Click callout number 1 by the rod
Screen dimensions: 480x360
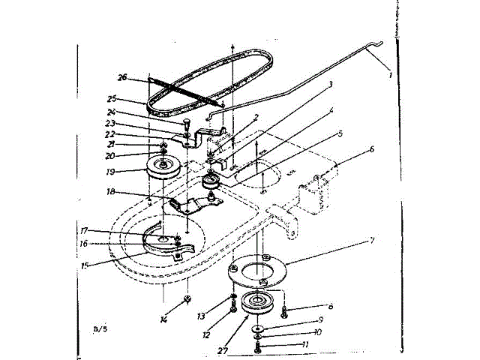point(389,74)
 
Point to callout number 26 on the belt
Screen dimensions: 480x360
point(122,76)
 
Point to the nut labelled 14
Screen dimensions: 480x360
point(185,300)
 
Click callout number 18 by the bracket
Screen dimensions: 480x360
point(110,192)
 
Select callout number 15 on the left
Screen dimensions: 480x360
point(88,264)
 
